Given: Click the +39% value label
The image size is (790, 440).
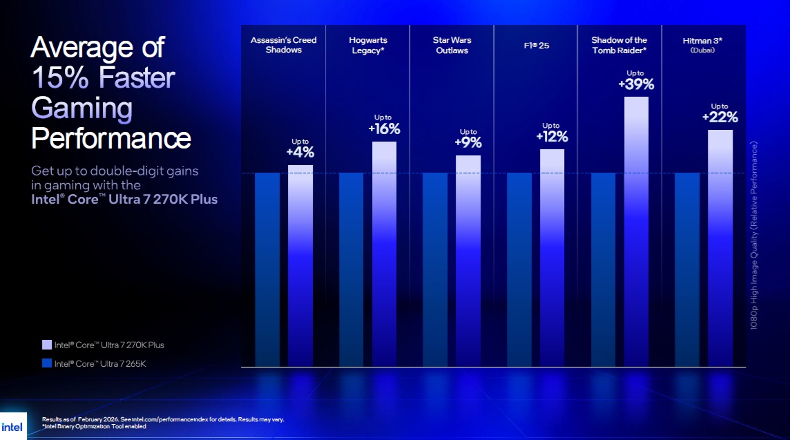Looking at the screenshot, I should (636, 84).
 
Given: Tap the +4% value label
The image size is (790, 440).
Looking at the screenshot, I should (300, 152).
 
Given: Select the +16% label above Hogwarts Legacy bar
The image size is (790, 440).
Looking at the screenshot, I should (384, 128).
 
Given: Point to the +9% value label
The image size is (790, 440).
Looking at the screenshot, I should (468, 143).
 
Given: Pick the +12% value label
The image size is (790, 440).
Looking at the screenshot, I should (552, 136).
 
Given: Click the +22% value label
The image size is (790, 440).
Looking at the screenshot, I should (720, 117).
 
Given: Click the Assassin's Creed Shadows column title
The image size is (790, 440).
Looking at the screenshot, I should (283, 45).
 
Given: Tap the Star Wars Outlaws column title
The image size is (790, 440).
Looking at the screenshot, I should (452, 45).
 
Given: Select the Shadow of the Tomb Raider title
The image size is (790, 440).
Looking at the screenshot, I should (619, 45).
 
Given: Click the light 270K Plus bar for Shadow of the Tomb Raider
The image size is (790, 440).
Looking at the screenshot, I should (636, 228).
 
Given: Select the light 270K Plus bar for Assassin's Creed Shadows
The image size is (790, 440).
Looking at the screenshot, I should (300, 262).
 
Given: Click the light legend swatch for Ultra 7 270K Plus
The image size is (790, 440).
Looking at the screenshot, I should (47, 345).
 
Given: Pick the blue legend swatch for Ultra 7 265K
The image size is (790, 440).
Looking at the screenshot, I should (47, 363).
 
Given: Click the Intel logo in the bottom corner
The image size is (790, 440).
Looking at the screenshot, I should (12, 425).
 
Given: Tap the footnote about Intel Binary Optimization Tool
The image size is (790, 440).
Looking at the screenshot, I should (94, 426).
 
